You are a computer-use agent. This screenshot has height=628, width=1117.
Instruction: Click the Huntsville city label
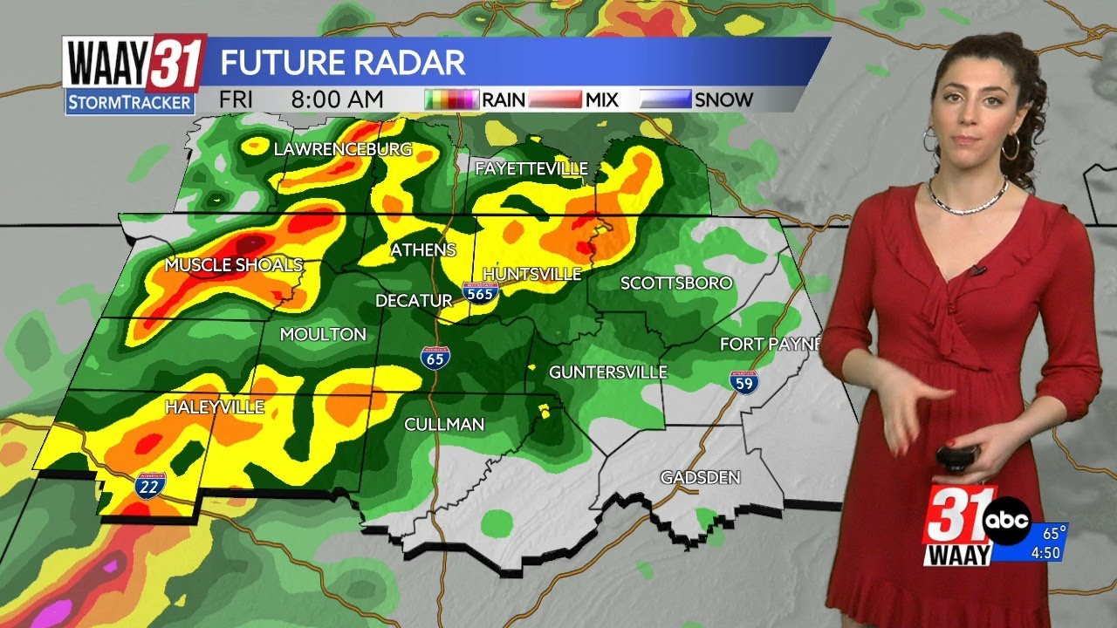point(531,274)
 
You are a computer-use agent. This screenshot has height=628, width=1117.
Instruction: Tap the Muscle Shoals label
point(234,264)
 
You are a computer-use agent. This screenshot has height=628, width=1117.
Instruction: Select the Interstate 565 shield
point(480,292)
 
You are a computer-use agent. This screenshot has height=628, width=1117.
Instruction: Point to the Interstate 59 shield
point(744,380)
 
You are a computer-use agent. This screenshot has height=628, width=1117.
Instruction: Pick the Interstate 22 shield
point(147,485)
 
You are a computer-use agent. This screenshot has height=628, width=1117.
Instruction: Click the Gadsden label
point(700,477)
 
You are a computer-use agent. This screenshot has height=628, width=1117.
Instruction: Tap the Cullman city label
point(443,425)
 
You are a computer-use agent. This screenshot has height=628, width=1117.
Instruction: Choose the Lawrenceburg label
point(342,149)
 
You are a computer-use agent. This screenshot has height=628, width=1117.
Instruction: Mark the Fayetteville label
point(531,168)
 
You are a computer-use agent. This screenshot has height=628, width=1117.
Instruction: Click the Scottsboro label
point(675,283)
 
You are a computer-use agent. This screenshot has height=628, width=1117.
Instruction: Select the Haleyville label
point(214,406)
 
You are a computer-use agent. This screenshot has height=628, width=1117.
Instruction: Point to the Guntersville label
point(607,372)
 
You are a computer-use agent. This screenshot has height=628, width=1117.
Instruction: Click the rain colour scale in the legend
point(452,99)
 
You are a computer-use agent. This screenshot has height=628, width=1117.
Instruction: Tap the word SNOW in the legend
point(723,99)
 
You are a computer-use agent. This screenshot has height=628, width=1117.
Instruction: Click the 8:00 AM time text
point(338,99)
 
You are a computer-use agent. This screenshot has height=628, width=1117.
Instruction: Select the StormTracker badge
point(130,102)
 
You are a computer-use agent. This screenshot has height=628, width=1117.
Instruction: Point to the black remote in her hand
point(957,456)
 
